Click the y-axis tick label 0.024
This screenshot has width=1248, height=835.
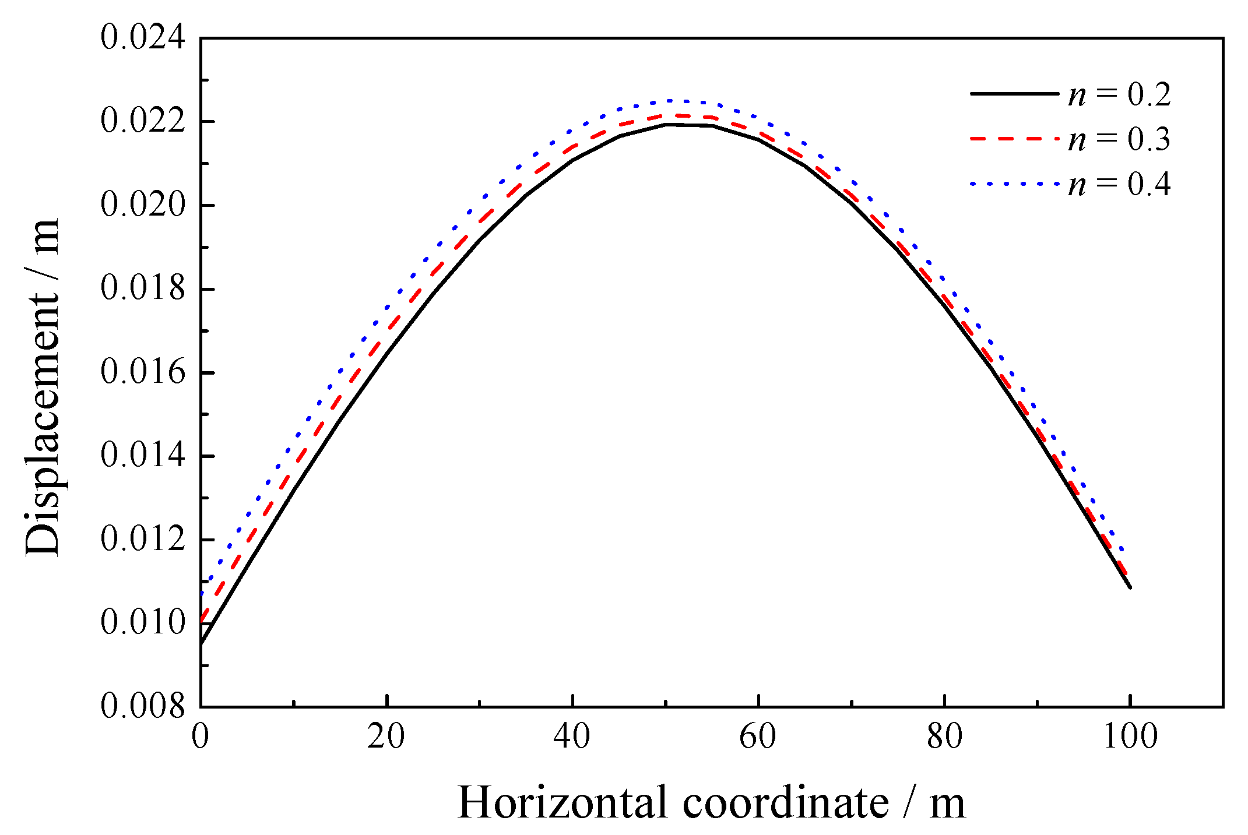[143, 38]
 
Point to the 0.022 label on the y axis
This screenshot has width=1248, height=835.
[143, 122]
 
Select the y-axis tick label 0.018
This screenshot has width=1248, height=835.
[143, 288]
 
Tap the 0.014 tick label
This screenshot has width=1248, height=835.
[143, 456]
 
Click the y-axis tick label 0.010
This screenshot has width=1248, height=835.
[143, 622]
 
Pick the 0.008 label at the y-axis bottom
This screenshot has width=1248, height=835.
[143, 706]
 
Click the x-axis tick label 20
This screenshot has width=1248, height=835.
[386, 737]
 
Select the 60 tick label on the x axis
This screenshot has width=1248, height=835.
[758, 737]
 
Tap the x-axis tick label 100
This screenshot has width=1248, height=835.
[1130, 737]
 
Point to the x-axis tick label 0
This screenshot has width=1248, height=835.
[201, 737]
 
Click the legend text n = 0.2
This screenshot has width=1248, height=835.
[1119, 95]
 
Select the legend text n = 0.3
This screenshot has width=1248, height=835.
[1119, 140]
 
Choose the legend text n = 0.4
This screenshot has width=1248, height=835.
[1119, 185]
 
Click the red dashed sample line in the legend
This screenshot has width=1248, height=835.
[1014, 139]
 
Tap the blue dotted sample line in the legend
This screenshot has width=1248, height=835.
[1014, 184]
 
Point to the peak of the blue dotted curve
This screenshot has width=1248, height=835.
[670, 101]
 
